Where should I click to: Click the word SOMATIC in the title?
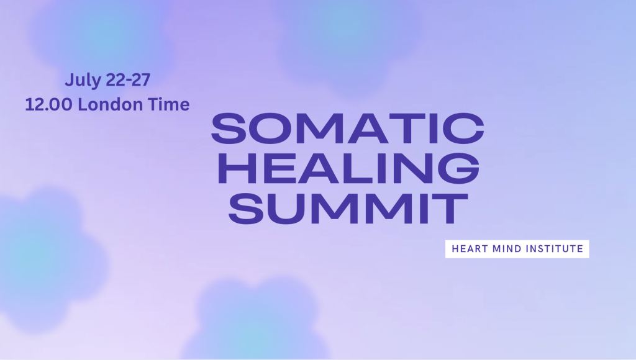[348, 128]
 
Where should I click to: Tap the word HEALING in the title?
[349, 168]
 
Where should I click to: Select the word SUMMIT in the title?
[348, 208]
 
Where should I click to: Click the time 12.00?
[48, 105]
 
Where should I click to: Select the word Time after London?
[168, 104]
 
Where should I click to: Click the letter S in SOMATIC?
[229, 128]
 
